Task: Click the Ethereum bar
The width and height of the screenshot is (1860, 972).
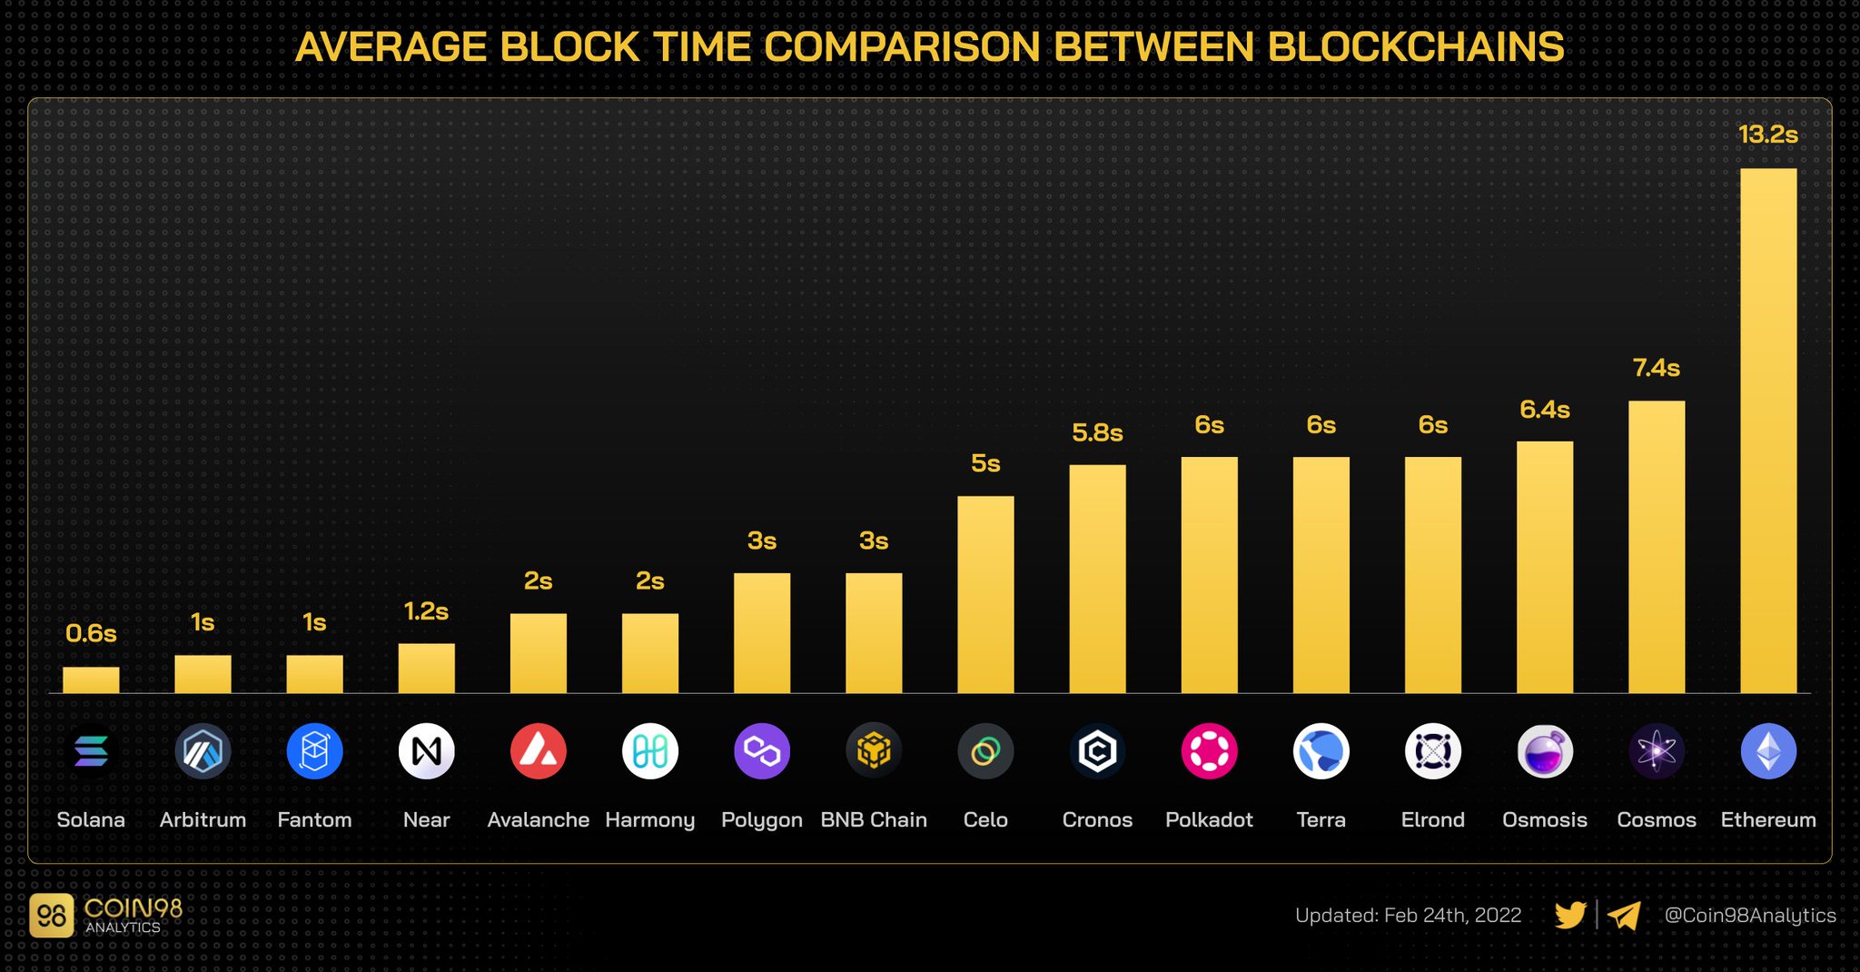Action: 1767,431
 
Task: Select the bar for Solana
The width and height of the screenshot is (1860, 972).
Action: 91,680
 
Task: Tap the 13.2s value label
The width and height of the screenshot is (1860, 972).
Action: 1767,134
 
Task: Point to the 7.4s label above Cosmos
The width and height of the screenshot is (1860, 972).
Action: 1656,368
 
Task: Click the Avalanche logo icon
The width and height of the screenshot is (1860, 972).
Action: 538,751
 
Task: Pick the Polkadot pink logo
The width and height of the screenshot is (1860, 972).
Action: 1209,751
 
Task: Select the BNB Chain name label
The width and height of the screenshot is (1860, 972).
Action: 874,819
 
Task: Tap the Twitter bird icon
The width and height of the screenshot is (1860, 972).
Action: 1570,915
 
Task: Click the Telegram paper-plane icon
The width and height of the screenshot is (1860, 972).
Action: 1624,915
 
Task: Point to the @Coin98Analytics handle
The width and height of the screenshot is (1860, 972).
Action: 1749,915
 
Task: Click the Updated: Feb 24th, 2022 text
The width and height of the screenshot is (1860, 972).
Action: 1408,915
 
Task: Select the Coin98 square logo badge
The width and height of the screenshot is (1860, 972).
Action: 51,916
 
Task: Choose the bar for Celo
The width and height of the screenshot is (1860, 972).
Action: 985,595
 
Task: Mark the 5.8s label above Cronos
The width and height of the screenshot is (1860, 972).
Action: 1097,433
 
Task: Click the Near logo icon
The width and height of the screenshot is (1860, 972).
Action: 426,751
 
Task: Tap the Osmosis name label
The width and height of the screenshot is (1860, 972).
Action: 1544,819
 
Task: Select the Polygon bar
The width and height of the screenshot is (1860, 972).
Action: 762,633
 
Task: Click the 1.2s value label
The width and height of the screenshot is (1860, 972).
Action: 426,611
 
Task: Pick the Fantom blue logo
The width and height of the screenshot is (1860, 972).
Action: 314,751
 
